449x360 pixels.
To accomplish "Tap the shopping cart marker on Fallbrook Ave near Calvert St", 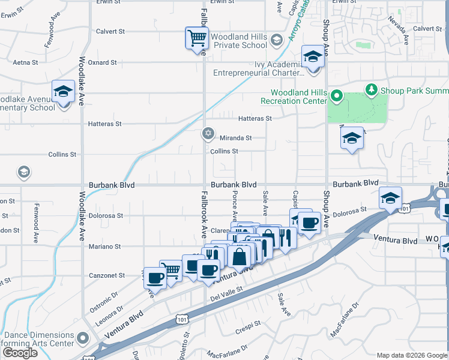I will [196, 39].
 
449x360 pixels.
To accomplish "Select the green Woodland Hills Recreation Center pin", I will [337, 95].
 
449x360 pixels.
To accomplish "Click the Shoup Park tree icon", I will [372, 90].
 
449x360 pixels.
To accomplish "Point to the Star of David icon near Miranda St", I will [208, 134].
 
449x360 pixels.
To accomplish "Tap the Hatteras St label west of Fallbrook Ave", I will [105, 124].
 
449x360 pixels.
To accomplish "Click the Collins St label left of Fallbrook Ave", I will [63, 154].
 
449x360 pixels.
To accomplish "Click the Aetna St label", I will [25, 62].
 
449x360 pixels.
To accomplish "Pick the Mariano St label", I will [106, 246].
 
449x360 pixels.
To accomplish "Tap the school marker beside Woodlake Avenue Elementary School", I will [63, 92].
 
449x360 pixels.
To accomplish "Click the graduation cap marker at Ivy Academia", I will [312, 58].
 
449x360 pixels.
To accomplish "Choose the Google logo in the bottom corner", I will [20, 353].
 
